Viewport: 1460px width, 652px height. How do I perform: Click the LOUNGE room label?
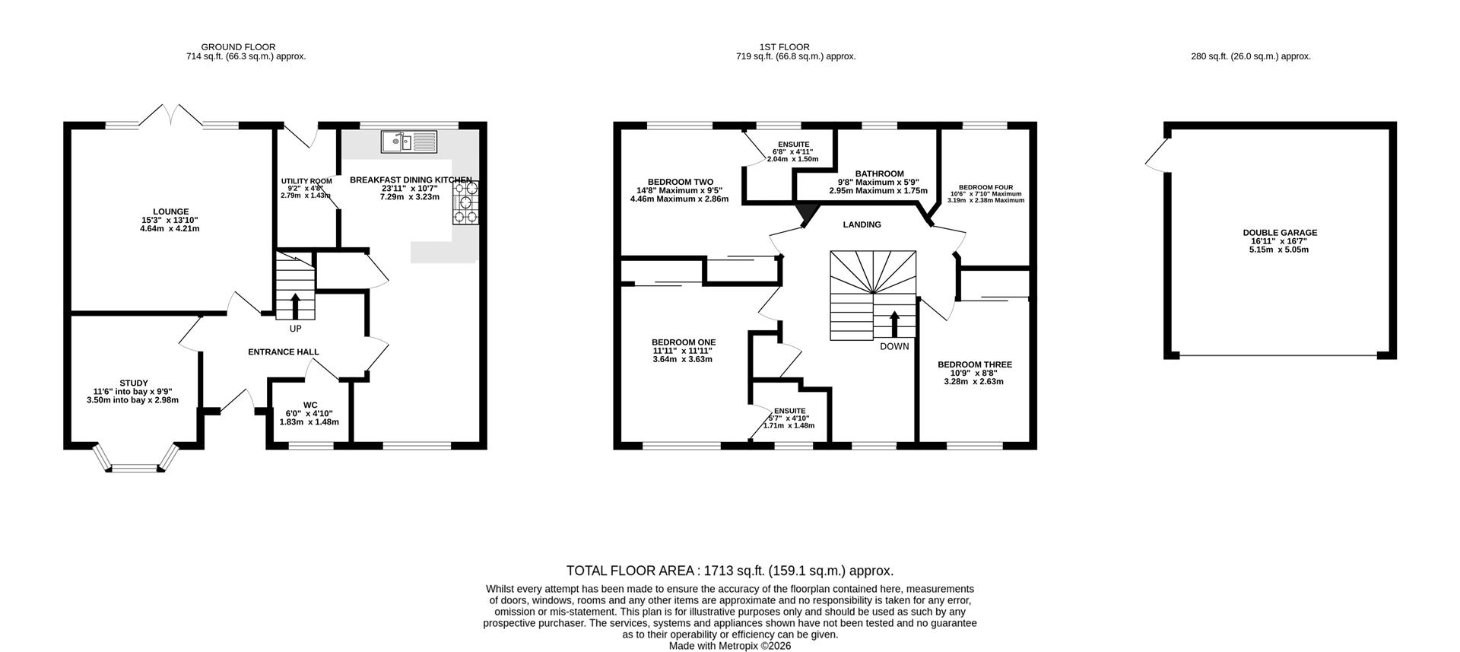pos(170,212)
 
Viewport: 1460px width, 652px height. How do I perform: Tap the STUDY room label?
pos(134,383)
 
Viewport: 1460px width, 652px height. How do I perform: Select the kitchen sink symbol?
pos(409,141)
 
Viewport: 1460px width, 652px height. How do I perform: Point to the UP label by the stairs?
pos(295,329)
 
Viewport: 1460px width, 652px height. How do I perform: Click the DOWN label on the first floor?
pos(894,347)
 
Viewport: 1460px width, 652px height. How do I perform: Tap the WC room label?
pos(310,405)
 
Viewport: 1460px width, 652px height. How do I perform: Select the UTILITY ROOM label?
pos(306,181)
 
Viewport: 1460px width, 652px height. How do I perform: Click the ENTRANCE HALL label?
pos(284,352)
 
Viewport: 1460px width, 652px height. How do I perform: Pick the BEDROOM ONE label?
pos(684,342)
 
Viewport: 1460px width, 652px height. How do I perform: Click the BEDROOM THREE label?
pos(975,365)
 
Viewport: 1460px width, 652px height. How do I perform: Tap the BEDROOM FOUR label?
pos(985,187)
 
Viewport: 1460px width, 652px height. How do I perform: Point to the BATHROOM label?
pos(880,174)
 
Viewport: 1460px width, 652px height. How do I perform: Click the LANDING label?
pos(862,225)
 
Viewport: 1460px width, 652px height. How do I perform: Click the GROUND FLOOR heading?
pos(238,47)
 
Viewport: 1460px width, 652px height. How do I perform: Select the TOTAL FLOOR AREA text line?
pos(730,571)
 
